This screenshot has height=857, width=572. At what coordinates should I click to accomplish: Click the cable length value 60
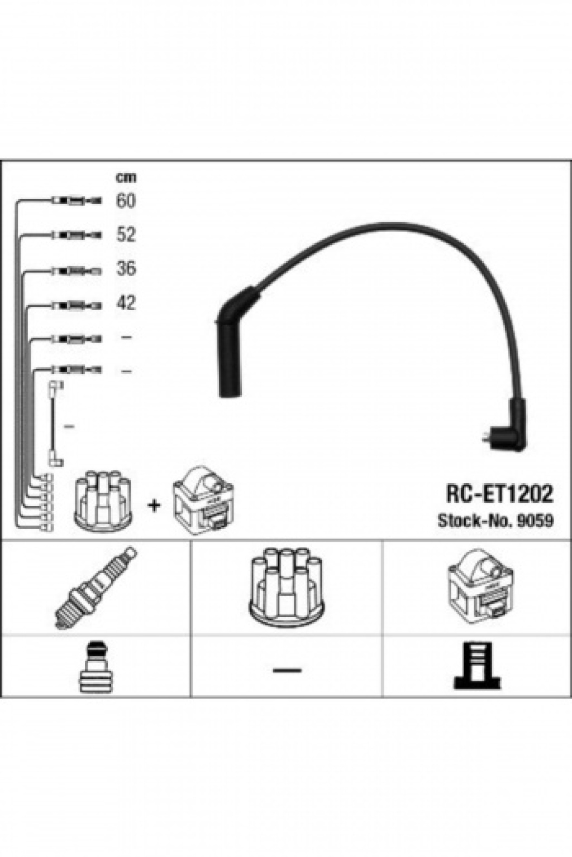[126, 200]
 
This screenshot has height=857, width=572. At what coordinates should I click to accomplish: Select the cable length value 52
[126, 234]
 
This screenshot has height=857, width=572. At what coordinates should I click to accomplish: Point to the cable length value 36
[126, 268]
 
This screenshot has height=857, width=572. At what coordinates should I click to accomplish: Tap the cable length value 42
[126, 302]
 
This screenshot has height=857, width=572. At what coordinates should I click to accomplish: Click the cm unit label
[126, 177]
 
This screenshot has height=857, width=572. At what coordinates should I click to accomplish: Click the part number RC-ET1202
[499, 494]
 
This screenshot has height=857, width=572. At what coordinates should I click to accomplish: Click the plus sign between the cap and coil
[154, 506]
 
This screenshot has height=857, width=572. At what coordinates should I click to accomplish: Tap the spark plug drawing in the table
[96, 588]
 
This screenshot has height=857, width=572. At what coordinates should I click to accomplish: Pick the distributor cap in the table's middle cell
[287, 588]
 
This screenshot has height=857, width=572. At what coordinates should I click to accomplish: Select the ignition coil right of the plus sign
[203, 500]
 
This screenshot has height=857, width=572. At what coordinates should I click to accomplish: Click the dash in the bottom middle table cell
[287, 670]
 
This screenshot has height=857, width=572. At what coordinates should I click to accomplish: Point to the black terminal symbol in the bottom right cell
[477, 667]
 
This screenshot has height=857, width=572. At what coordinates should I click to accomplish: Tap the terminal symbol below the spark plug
[96, 667]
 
